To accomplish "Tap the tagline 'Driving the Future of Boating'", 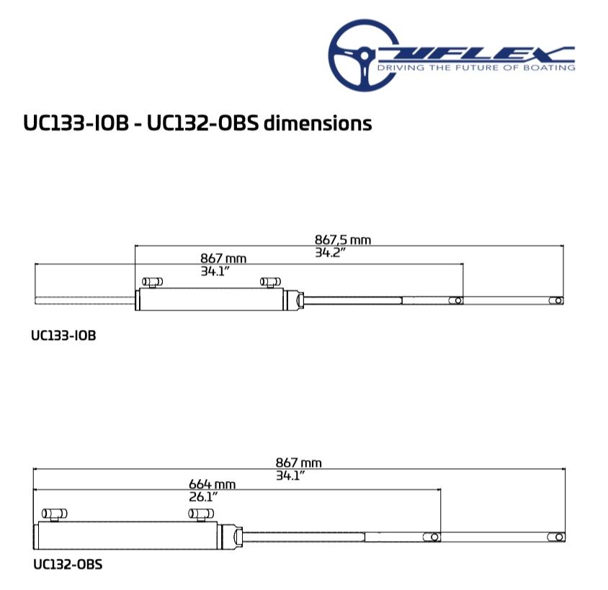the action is tap(476, 68).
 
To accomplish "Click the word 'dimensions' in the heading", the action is tap(318, 123).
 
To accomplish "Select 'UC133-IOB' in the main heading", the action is tap(76, 123).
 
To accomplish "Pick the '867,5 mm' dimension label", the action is tap(343, 240).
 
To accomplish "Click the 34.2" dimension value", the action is tap(330, 253).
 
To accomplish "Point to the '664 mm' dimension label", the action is tap(212, 484).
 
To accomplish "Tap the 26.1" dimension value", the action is tap(203, 496).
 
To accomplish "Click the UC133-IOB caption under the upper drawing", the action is tap(63, 335).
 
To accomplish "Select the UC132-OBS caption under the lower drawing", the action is tap(68, 564).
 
